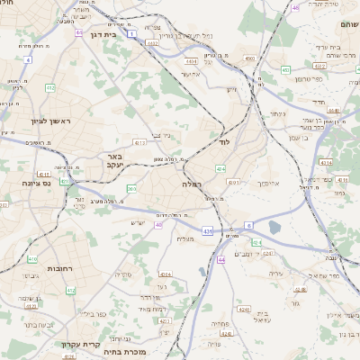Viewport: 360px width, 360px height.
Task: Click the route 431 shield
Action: [x=208, y=231]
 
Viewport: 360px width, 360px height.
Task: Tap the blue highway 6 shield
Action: [x=248, y=225]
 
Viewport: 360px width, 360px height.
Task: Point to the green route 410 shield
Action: [x=32, y=259]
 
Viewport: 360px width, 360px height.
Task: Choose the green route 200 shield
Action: [x=132, y=189]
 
